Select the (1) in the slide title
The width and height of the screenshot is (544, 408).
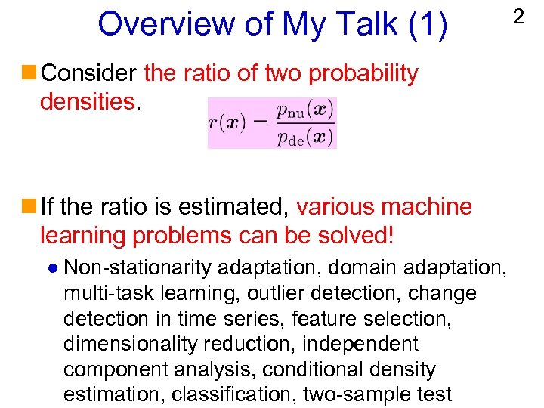click(x=428, y=23)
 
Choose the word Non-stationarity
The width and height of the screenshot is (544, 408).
click(x=140, y=267)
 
